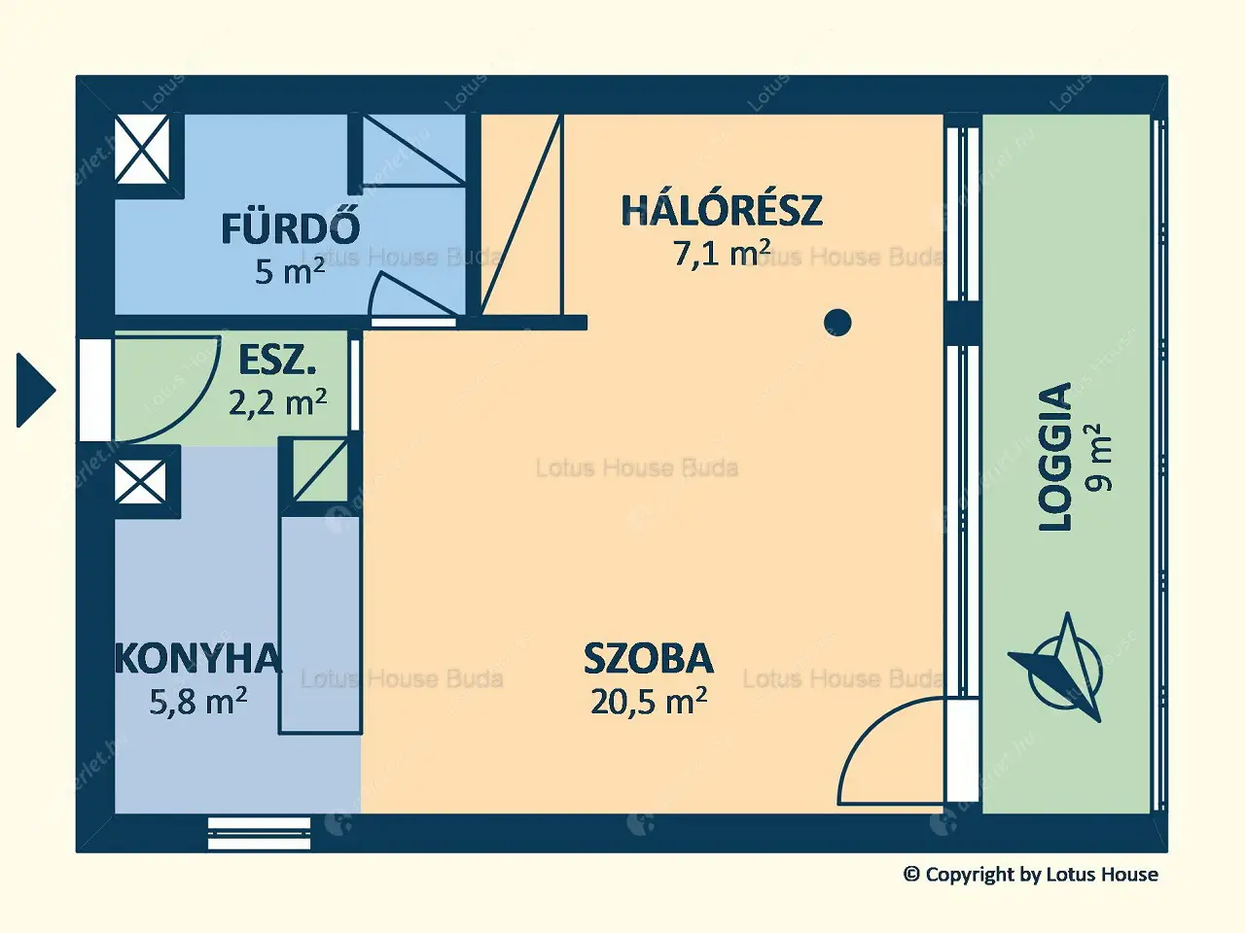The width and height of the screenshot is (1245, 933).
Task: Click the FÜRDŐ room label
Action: (290, 229)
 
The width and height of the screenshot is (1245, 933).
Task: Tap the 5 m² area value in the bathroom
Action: (289, 271)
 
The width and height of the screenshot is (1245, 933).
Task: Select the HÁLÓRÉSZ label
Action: (721, 211)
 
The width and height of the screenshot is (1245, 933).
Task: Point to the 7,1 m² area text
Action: (721, 253)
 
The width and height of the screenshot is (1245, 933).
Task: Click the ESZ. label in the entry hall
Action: (277, 362)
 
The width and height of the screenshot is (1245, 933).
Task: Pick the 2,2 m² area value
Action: (277, 400)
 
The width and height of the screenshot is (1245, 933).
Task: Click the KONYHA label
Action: (198, 659)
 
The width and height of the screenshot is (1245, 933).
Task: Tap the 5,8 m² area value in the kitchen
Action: (197, 701)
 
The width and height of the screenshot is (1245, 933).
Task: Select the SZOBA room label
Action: (648, 659)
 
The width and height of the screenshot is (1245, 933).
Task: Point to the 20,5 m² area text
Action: (648, 701)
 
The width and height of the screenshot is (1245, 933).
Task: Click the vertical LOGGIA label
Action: (1055, 457)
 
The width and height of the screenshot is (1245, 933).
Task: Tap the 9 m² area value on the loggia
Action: (1102, 457)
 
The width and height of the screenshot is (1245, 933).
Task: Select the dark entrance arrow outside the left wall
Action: (36, 390)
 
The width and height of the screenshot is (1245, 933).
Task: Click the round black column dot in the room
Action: (836, 322)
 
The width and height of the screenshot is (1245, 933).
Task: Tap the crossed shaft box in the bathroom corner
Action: (142, 149)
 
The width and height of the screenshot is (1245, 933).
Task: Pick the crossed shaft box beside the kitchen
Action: (140, 482)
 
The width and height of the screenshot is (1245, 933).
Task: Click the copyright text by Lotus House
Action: (1030, 875)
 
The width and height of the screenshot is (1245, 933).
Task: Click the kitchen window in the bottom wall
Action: (259, 833)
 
